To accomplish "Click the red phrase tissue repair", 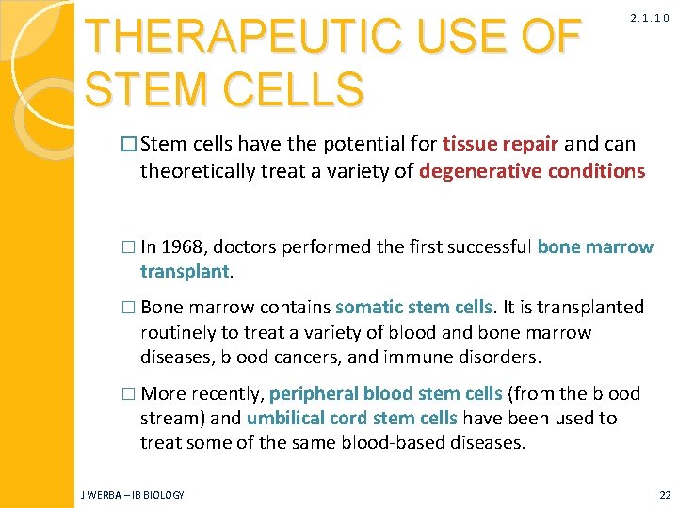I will pyautogui.click(x=502, y=144).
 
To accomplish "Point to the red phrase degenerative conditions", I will pyautogui.click(x=532, y=170).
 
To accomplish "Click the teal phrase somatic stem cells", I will pyautogui.click(x=414, y=307).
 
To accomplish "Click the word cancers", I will pyautogui.click(x=338, y=357).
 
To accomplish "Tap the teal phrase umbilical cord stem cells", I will pyautogui.click(x=352, y=418).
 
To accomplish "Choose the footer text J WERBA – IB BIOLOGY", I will pyautogui.click(x=132, y=494).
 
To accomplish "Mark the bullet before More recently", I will pyautogui.click(x=130, y=393).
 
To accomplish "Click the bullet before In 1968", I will pyautogui.click(x=130, y=247).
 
